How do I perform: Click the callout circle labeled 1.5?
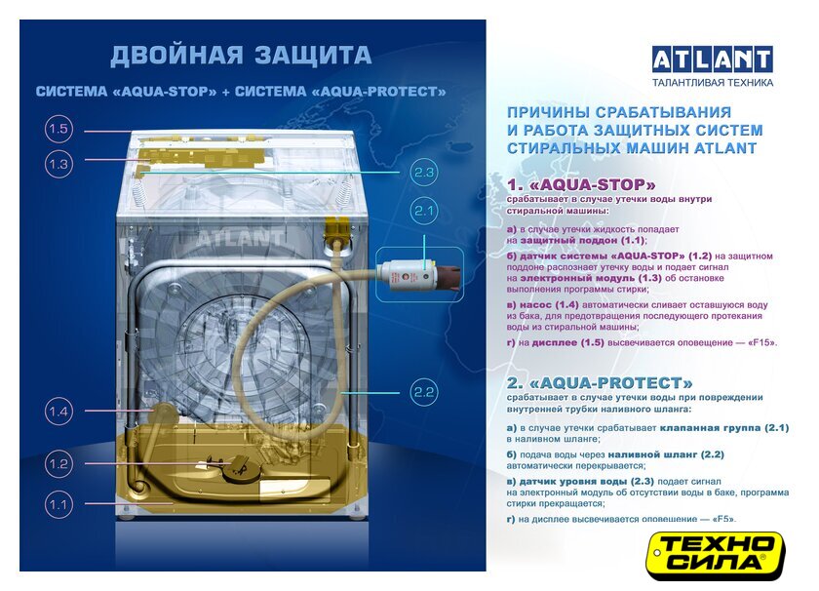tap(58, 129)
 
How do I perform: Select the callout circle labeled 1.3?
tap(58, 164)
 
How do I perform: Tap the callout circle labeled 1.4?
tap(58, 412)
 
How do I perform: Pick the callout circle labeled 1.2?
tap(58, 463)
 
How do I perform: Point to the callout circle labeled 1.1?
tap(58, 504)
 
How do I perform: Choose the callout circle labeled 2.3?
tap(423, 172)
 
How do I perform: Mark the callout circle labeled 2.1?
tap(423, 211)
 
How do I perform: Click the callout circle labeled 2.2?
tap(423, 392)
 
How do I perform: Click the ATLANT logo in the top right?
tap(713, 59)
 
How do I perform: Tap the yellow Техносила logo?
tap(717, 556)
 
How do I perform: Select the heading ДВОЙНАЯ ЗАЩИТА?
tap(241, 56)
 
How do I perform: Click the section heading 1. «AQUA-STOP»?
tap(581, 185)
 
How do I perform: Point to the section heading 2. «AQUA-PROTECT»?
tap(600, 383)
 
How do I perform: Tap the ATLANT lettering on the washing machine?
tap(240, 238)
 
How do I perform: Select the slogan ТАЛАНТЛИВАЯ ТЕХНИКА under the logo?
tap(713, 82)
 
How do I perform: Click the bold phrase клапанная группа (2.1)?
tap(723, 427)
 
